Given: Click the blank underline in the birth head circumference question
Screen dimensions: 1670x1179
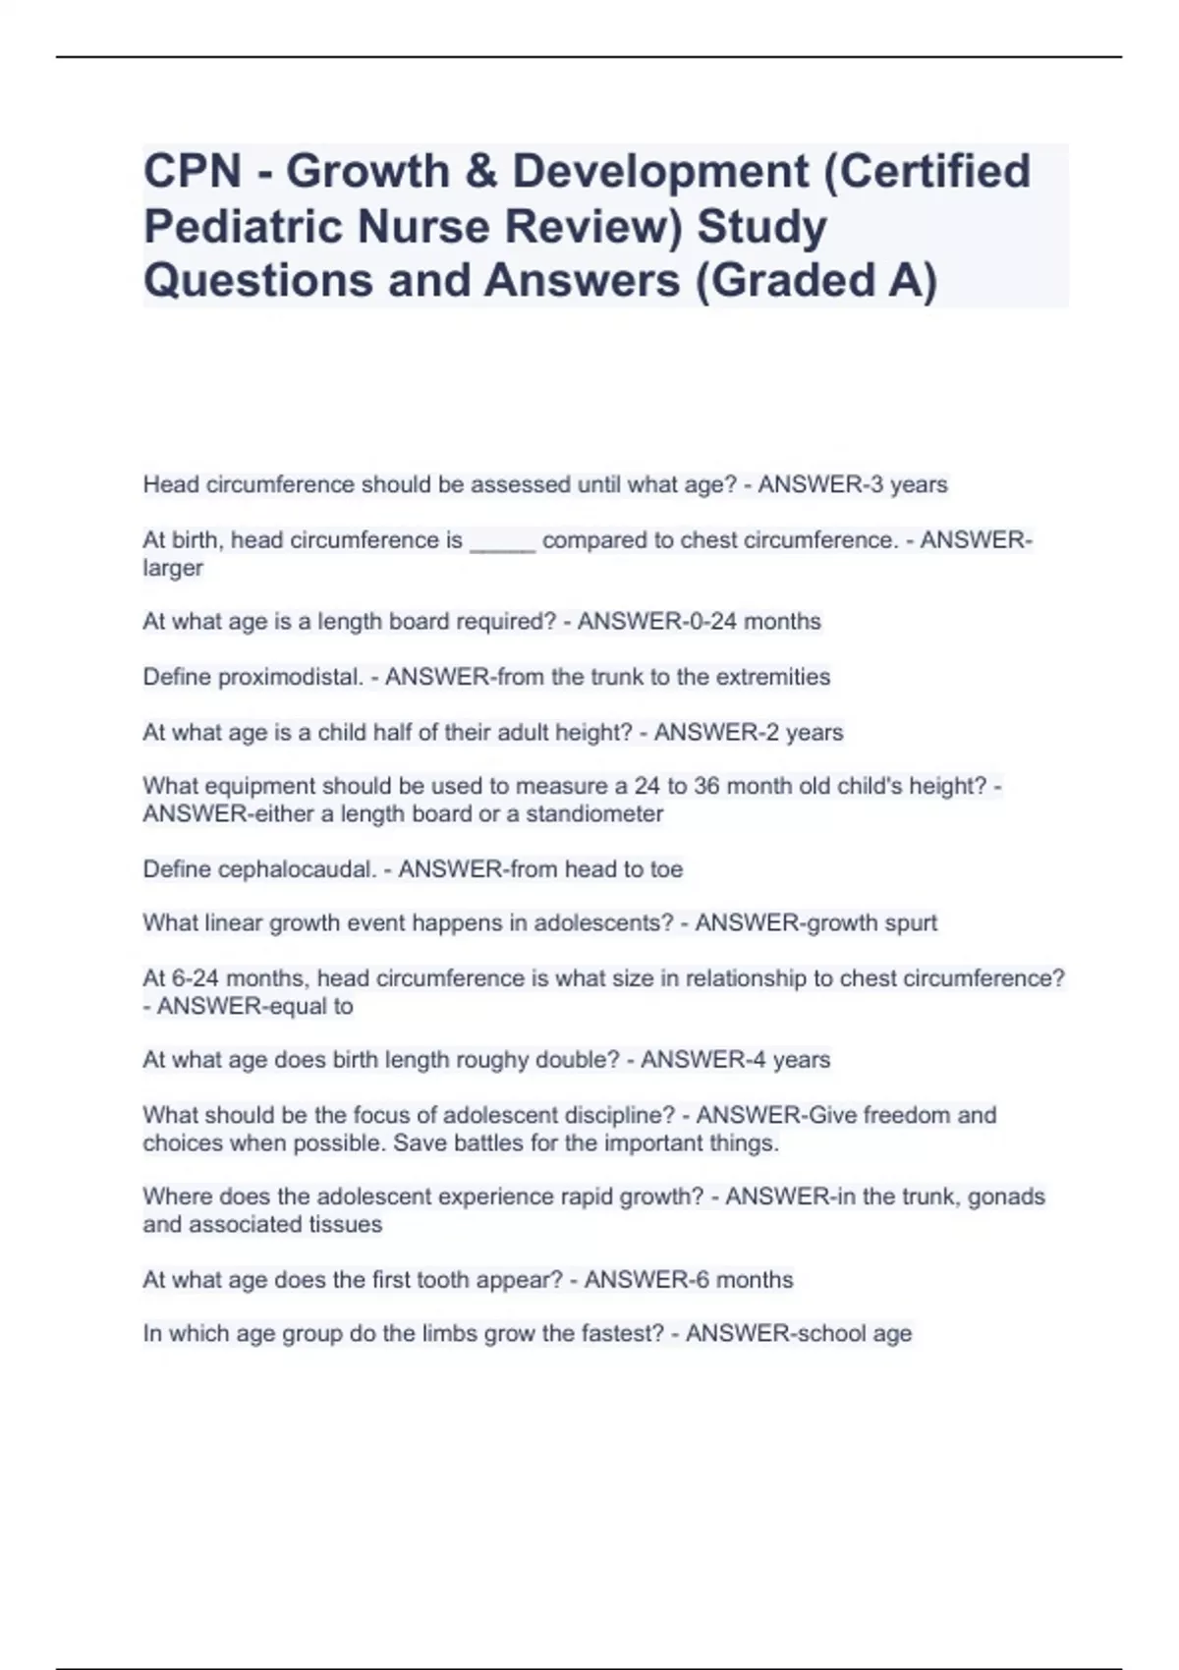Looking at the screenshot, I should click(502, 541).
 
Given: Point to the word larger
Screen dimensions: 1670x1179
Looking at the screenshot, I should click(173, 568).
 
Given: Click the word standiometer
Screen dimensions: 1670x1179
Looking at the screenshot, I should click(594, 814).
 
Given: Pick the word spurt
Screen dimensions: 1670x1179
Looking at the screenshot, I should click(909, 923).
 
